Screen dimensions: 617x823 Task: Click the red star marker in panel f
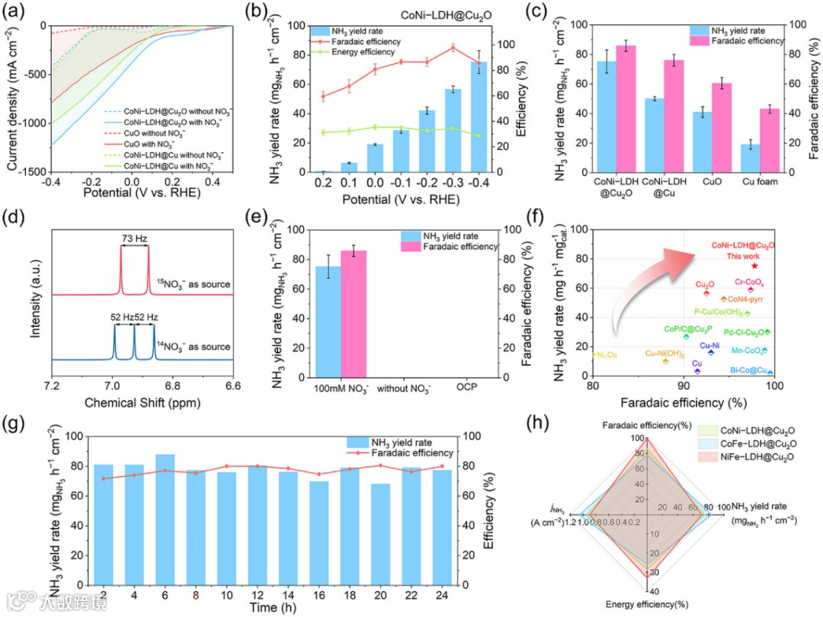[754, 265]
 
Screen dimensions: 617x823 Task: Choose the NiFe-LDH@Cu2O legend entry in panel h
[755, 457]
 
